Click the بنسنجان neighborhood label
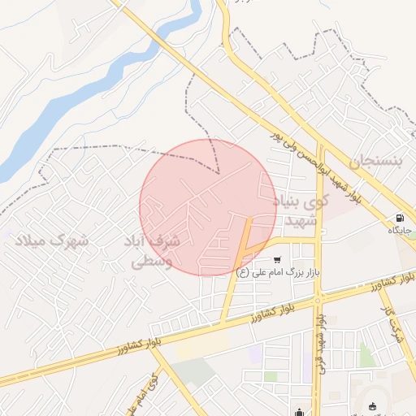click(375, 161)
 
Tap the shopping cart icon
click(277, 260)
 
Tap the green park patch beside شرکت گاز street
click(366, 354)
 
